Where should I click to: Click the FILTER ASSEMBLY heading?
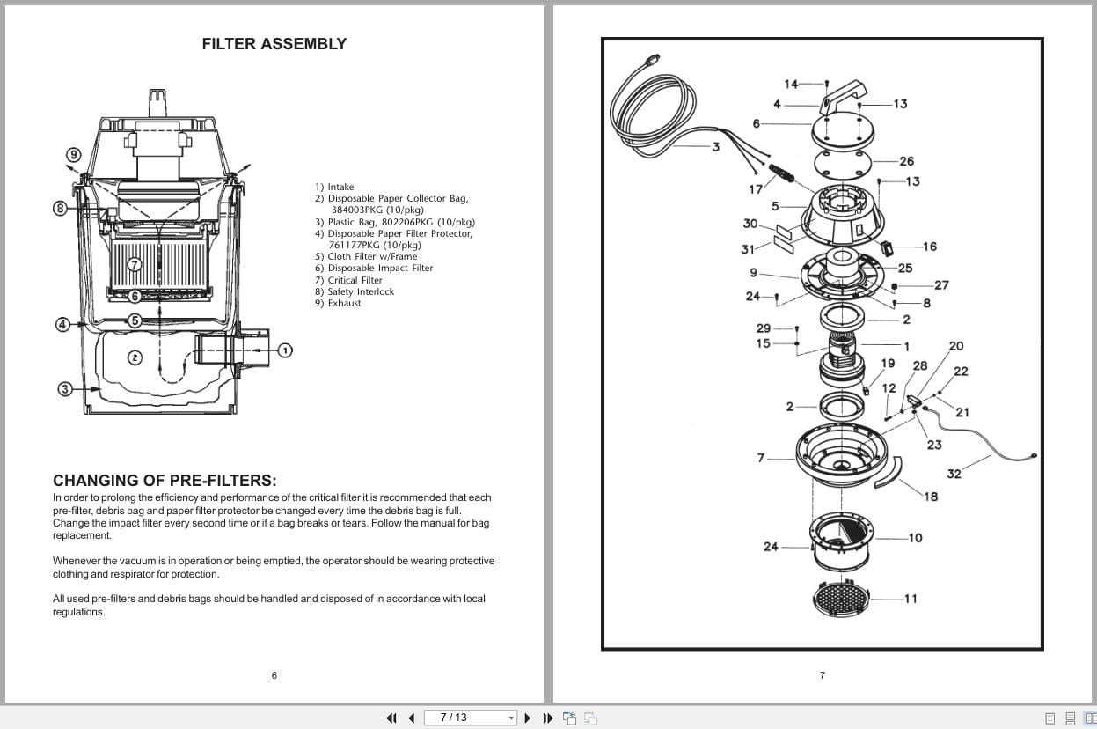click(274, 44)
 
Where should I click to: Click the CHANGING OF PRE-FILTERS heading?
click(165, 481)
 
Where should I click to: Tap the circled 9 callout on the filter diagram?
click(75, 154)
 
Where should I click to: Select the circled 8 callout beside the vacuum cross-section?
click(61, 209)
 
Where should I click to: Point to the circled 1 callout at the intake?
click(284, 350)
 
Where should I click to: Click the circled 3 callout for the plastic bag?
click(65, 388)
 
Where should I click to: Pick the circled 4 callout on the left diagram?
click(62, 324)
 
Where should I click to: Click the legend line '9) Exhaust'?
click(338, 304)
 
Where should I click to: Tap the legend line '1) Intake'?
click(334, 188)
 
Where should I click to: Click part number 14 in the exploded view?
click(791, 85)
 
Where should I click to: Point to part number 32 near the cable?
click(954, 475)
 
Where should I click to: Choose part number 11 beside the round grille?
click(911, 599)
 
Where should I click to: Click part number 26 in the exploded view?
click(906, 161)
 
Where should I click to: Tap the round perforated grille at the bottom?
click(842, 600)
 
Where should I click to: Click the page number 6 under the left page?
click(274, 675)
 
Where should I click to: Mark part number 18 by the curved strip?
click(931, 497)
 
